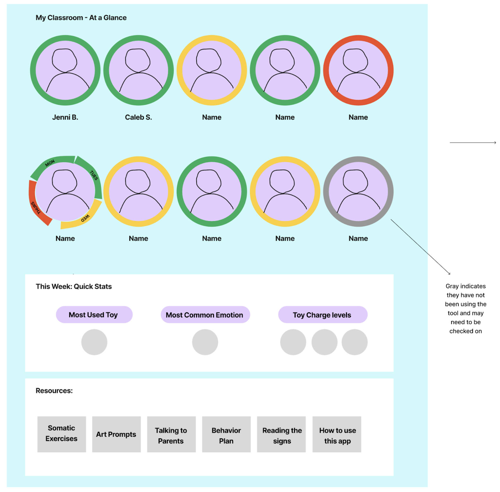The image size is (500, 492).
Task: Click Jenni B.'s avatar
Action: tap(65, 70)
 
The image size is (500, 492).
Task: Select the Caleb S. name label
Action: tap(138, 117)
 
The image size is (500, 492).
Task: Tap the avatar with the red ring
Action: tap(358, 70)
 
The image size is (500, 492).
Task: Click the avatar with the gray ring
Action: tap(358, 191)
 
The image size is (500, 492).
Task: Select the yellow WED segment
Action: tap(84, 219)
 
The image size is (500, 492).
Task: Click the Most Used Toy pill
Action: tap(94, 315)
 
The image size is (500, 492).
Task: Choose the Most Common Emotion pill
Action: tap(205, 315)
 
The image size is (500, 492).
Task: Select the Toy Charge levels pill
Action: tap(323, 315)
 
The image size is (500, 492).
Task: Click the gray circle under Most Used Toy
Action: tap(94, 342)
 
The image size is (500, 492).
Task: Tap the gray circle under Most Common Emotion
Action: tap(205, 342)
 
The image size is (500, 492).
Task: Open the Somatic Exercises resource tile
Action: tap(62, 434)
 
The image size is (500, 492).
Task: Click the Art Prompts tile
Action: tap(116, 434)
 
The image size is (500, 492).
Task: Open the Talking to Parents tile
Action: tap(171, 434)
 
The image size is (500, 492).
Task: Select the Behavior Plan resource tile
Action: tap(226, 434)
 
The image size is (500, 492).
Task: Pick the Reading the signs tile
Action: tap(281, 434)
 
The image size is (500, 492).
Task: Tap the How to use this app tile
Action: tap(337, 434)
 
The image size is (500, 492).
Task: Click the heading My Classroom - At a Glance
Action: tap(81, 18)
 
